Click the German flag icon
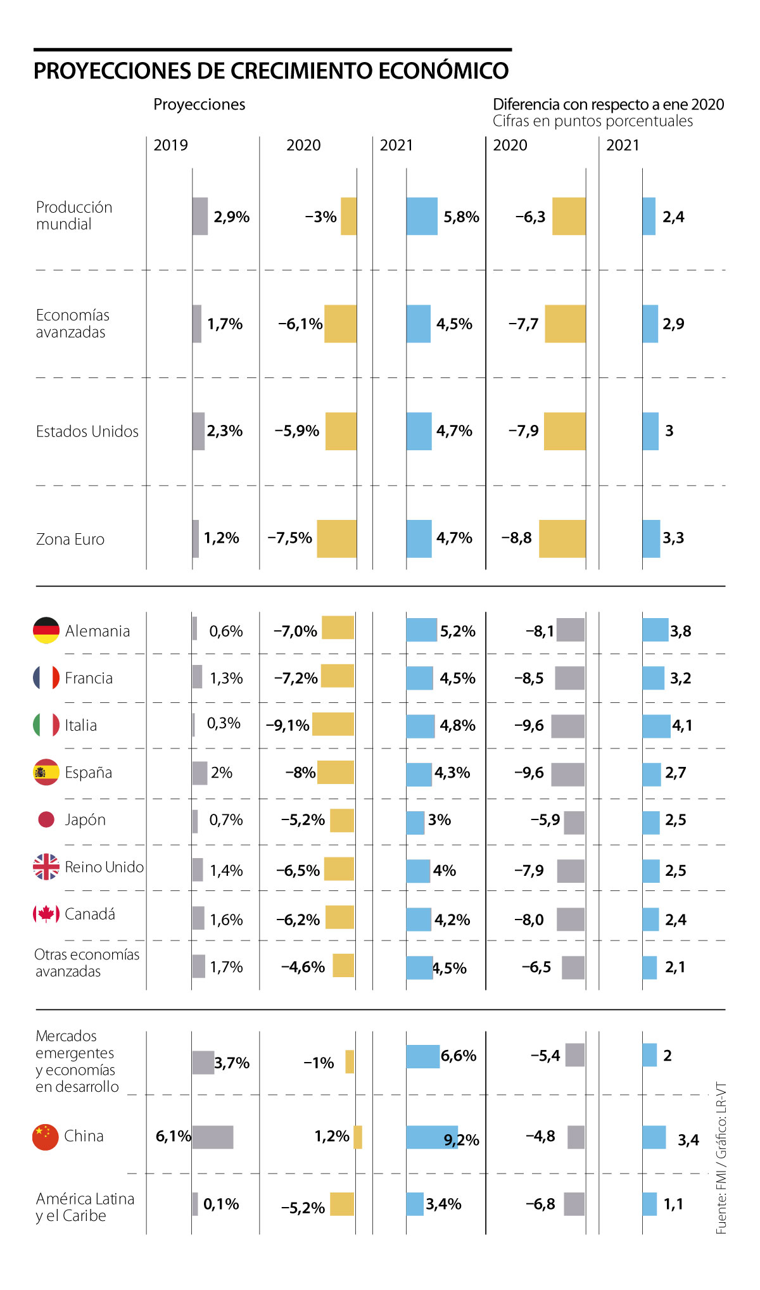(x=46, y=631)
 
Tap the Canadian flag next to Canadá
(x=46, y=914)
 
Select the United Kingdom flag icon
(x=46, y=867)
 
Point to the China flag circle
(x=46, y=1137)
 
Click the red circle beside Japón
(x=46, y=819)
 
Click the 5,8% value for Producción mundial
(x=461, y=217)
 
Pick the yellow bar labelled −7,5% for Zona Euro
(x=336, y=539)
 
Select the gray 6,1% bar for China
(x=213, y=1137)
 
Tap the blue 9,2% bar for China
(x=431, y=1137)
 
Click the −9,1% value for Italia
(x=288, y=725)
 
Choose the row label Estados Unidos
(x=87, y=432)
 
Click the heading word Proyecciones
(x=199, y=104)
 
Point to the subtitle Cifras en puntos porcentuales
(x=593, y=122)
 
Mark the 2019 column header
(x=171, y=146)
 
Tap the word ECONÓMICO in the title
(x=443, y=71)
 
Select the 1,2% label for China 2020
(x=332, y=1137)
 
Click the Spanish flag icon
(x=46, y=773)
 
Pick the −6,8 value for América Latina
(x=540, y=1205)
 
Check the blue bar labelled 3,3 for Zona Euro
(x=651, y=539)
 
